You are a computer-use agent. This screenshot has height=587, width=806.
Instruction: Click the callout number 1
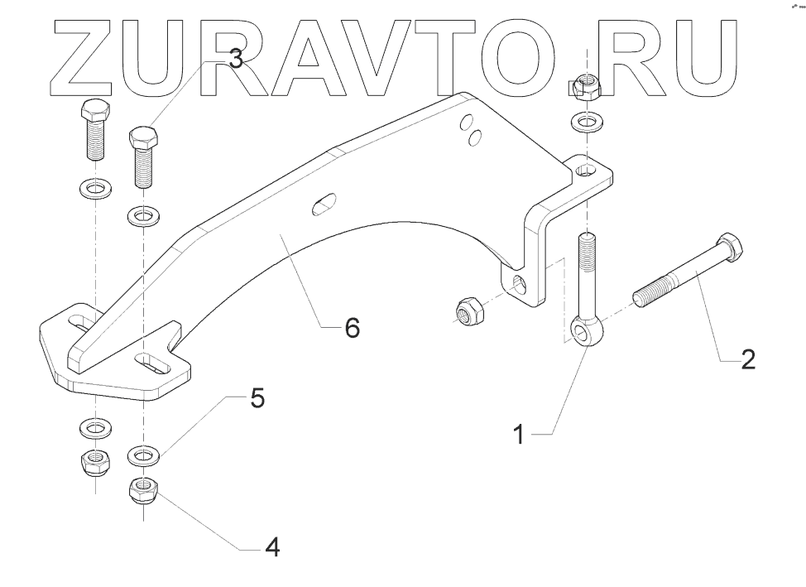pos(519,434)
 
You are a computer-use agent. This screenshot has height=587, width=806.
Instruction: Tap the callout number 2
pos(747,359)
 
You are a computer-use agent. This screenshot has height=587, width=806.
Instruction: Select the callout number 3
pos(236,59)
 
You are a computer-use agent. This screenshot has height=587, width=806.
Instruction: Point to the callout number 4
pos(271,547)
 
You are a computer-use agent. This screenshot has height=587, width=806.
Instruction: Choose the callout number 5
pos(257,398)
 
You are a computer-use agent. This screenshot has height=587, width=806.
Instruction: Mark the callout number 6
pos(352,329)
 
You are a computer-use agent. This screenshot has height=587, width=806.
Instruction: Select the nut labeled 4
pos(143,489)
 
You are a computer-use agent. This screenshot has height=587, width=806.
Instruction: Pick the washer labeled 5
pos(143,455)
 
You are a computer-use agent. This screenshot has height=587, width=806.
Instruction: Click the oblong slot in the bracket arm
pos(324,204)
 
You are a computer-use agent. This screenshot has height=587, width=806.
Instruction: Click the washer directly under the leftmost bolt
pos(95,188)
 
